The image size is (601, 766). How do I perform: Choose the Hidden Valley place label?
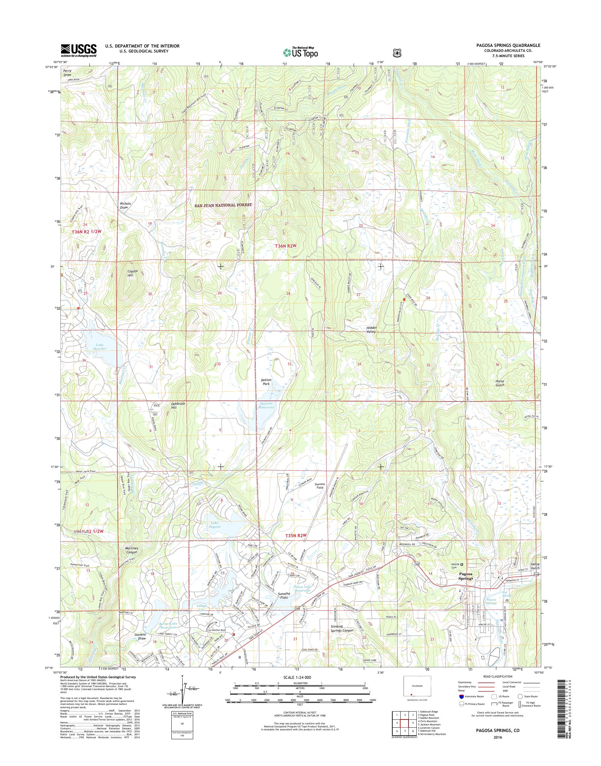(371, 330)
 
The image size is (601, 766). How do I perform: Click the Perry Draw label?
(67, 73)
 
